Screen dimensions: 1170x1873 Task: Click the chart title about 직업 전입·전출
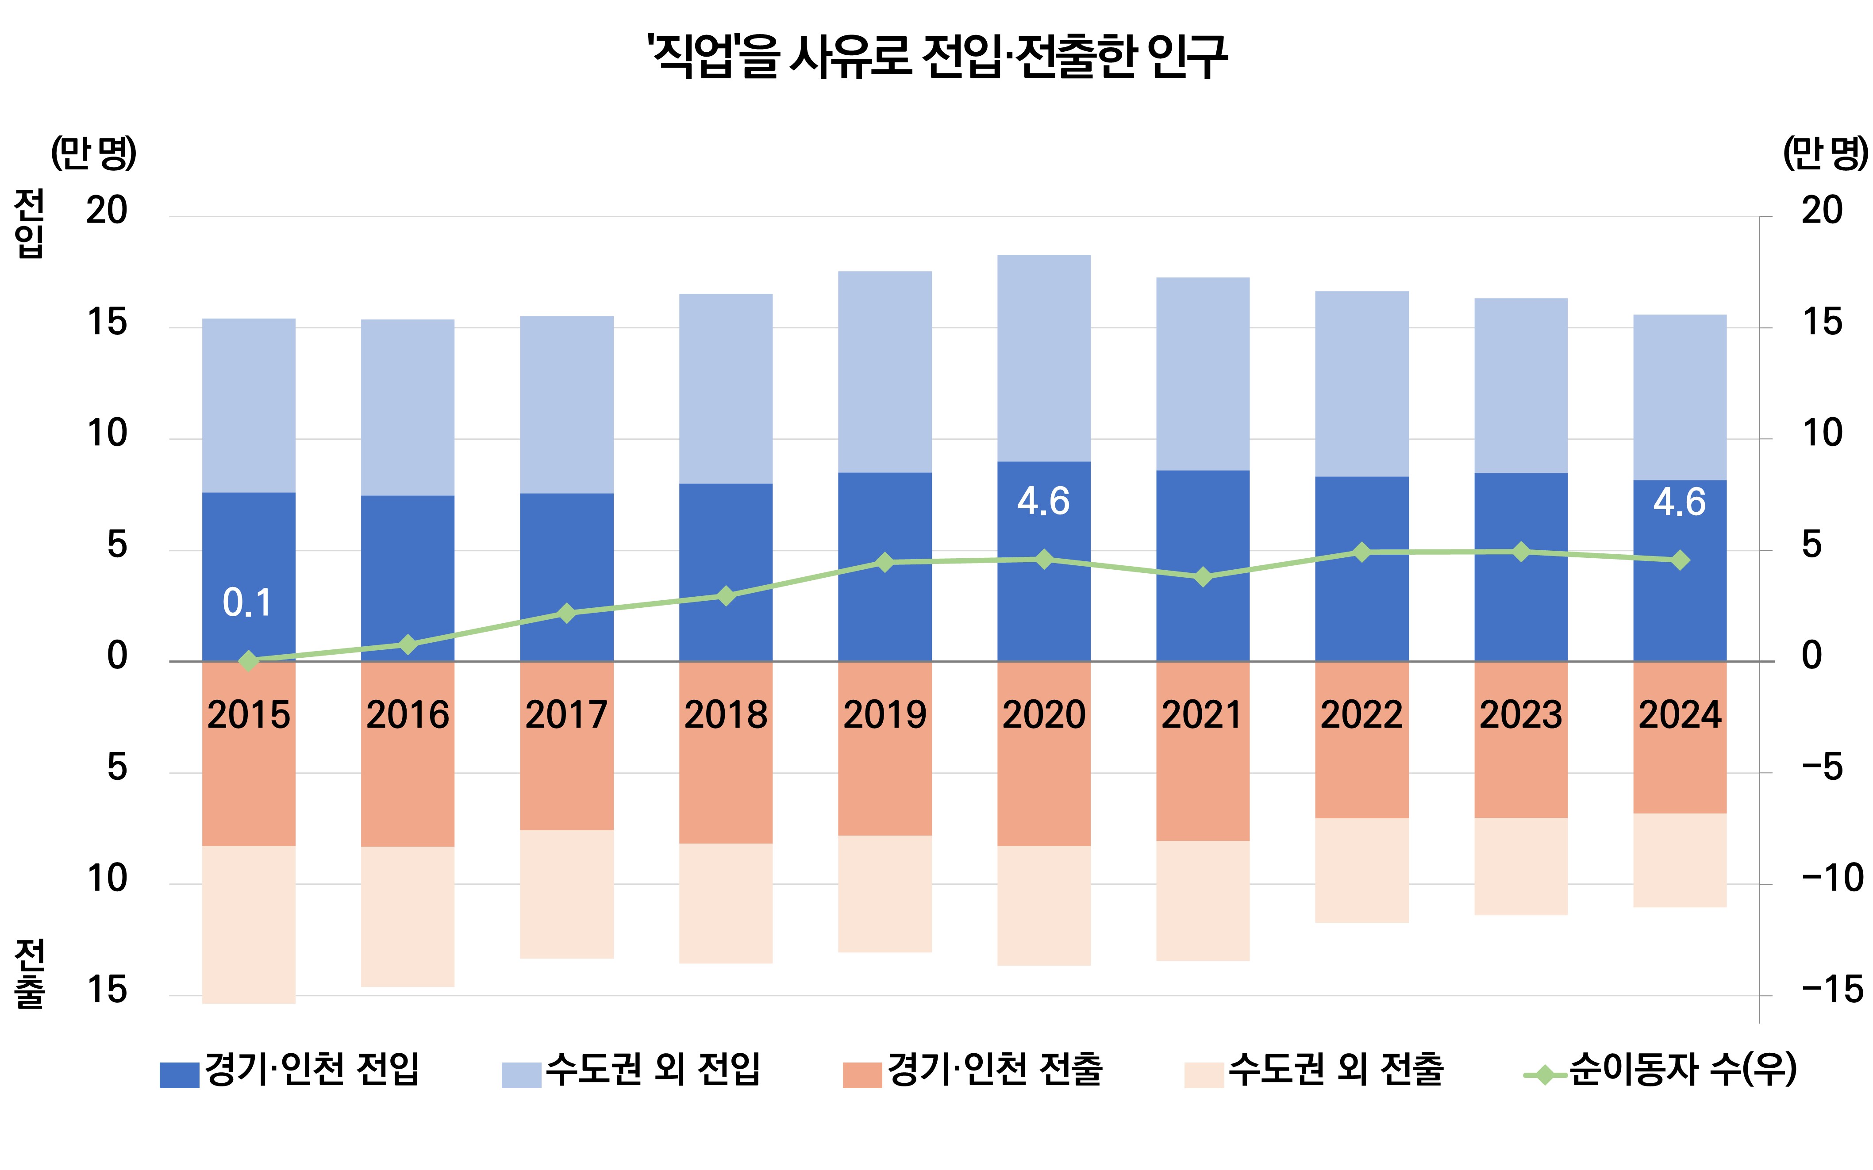click(x=936, y=56)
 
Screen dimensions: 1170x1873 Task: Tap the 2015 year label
click(x=248, y=714)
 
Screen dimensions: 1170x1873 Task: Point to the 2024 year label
click(x=1680, y=714)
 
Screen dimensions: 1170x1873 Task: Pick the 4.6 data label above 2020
click(x=1043, y=502)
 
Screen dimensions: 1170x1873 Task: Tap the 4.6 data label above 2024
click(x=1680, y=502)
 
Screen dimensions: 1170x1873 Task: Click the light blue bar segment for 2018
click(x=726, y=388)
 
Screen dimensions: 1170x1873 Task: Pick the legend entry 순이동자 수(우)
click(x=1660, y=1070)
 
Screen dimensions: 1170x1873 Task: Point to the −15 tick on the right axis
click(x=1831, y=990)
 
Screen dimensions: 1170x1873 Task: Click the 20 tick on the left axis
click(x=107, y=211)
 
